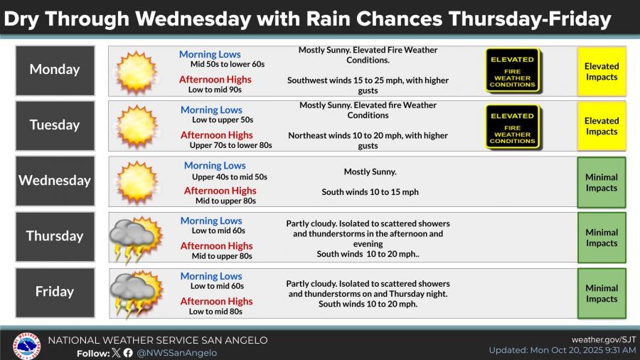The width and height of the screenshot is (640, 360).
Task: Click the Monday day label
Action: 55,70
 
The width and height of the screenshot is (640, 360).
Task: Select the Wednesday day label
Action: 55,181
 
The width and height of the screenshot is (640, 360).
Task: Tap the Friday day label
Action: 55,292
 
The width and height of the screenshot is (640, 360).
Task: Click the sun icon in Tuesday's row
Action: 137,126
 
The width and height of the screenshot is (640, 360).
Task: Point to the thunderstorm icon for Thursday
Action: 136,239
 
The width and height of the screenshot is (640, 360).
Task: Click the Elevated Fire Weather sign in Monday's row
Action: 513,70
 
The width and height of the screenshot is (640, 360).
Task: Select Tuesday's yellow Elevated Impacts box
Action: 601,126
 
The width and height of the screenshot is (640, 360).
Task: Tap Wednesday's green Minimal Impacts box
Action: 601,182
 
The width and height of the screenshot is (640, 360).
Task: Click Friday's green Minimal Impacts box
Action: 601,293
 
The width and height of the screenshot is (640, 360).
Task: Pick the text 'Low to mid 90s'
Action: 215,90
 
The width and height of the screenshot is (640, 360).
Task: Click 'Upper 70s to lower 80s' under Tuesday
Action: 230,145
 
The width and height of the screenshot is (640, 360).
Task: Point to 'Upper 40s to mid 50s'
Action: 230,177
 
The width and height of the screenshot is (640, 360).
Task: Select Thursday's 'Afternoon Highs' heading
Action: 216,246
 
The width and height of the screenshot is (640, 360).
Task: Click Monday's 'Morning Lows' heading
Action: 210,54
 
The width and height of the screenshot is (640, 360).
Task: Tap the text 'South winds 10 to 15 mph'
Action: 370,192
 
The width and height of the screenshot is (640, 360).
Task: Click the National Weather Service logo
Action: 26,346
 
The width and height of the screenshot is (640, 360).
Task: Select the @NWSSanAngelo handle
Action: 177,353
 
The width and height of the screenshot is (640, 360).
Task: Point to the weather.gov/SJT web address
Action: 604,339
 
